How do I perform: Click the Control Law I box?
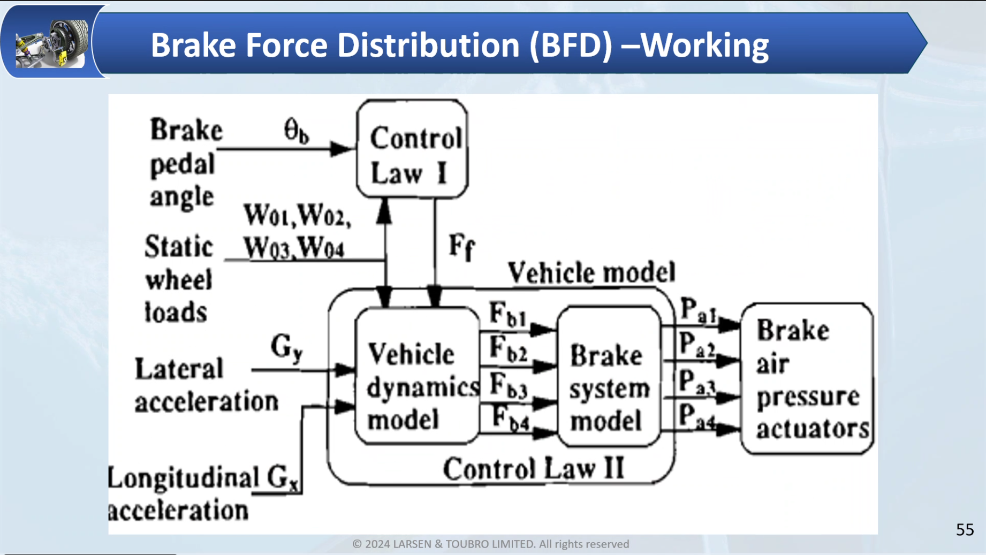(412, 149)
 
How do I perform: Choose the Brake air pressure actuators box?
(807, 378)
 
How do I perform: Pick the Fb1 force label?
(507, 314)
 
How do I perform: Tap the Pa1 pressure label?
(697, 310)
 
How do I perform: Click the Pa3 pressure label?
(697, 383)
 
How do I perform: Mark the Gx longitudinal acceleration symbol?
(283, 477)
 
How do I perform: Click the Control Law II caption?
(533, 469)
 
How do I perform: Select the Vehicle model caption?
(591, 272)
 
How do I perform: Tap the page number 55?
(965, 530)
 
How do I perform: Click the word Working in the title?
(704, 45)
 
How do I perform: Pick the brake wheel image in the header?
(52, 43)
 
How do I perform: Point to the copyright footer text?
(490, 544)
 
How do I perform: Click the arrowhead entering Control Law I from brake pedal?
(340, 149)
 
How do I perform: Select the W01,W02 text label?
(297, 216)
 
